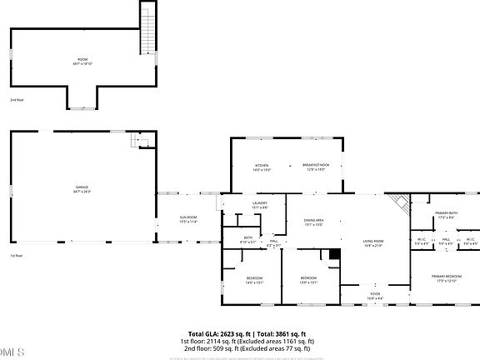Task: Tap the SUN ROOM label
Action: pyautogui.click(x=188, y=220)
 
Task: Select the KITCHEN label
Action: pyautogui.click(x=262, y=167)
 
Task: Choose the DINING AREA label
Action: pyautogui.click(x=313, y=222)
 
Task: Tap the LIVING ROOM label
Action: pyautogui.click(x=372, y=243)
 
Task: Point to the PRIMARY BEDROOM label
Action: pyautogui.click(x=446, y=277)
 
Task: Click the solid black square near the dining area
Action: pyautogui.click(x=335, y=255)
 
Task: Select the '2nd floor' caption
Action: pyautogui.click(x=17, y=100)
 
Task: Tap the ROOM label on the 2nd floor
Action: pyautogui.click(x=81, y=61)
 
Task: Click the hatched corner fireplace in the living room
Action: pyautogui.click(x=401, y=202)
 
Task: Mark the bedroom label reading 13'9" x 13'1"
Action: pyautogui.click(x=308, y=279)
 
